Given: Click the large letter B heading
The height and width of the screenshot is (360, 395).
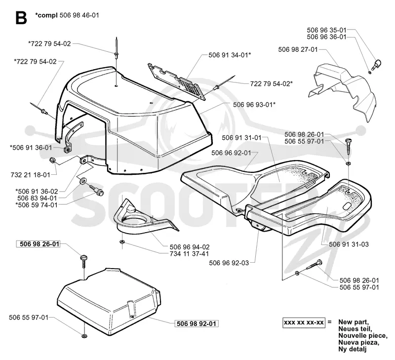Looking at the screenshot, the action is pyautogui.click(x=21, y=18).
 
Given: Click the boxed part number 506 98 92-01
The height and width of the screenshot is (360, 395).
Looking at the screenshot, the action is pyautogui.click(x=197, y=323).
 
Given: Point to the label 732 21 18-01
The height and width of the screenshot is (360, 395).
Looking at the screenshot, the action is pyautogui.click(x=31, y=175).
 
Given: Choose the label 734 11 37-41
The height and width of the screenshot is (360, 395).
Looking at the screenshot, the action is pyautogui.click(x=190, y=254).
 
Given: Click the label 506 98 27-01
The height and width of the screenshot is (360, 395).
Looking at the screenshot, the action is pyautogui.click(x=298, y=49).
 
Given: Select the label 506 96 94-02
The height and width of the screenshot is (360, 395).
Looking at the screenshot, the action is pyautogui.click(x=190, y=247).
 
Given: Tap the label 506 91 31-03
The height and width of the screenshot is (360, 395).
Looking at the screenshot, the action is pyautogui.click(x=349, y=244).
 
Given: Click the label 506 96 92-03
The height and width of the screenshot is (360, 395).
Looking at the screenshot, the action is pyautogui.click(x=229, y=263).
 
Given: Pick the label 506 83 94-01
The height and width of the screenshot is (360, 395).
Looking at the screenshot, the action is pyautogui.click(x=38, y=198).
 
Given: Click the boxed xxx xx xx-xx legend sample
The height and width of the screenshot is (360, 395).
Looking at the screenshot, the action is pyautogui.click(x=304, y=322).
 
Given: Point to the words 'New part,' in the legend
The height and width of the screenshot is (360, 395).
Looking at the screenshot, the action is pyautogui.click(x=354, y=321).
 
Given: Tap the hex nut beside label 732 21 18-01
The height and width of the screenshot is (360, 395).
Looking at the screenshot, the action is pyautogui.click(x=53, y=160).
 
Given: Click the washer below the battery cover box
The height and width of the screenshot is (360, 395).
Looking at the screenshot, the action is pyautogui.click(x=84, y=335).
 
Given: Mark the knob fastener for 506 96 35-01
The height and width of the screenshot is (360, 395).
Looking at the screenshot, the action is pyautogui.click(x=377, y=64).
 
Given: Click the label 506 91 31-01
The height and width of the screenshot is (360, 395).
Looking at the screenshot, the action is pyautogui.click(x=242, y=138).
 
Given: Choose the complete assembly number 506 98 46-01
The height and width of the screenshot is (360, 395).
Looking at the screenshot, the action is pyautogui.click(x=79, y=15).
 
